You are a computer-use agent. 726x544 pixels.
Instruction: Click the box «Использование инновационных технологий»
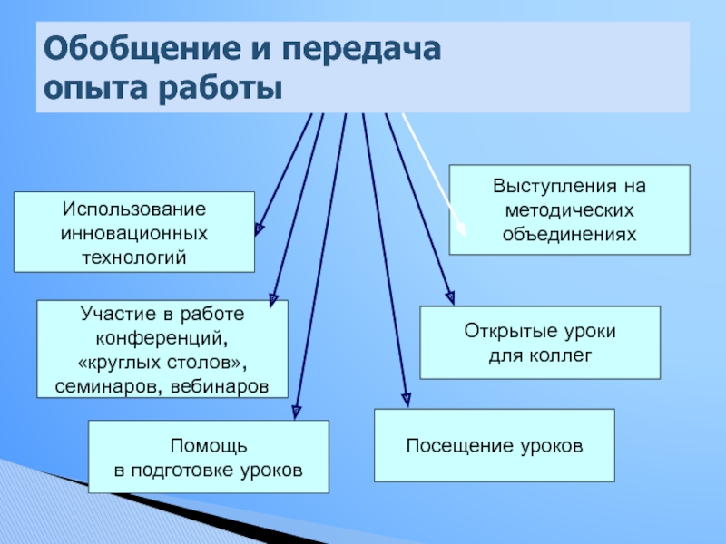[134, 232]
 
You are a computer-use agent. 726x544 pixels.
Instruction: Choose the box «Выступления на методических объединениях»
[570, 209]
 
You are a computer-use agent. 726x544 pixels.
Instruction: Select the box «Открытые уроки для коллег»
[540, 343]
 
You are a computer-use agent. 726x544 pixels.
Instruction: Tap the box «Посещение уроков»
[495, 445]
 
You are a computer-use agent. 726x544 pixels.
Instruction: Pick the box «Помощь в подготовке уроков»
[208, 457]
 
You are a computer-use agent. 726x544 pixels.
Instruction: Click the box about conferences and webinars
[162, 350]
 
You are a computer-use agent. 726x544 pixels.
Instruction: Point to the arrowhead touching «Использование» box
[260, 228]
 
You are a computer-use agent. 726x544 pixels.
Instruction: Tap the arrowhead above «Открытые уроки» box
[449, 294]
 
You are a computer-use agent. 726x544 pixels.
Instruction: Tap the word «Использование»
[134, 209]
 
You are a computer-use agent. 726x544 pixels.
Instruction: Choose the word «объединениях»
[570, 233]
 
